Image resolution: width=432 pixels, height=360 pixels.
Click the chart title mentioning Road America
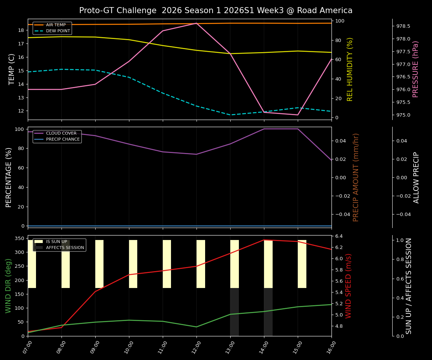point(216,10)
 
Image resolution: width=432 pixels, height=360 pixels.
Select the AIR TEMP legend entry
point(55,25)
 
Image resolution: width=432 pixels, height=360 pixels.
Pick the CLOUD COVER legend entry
point(61,133)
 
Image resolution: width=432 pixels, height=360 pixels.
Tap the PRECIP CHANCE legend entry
point(63,139)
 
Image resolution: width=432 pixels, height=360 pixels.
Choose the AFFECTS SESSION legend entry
point(65,247)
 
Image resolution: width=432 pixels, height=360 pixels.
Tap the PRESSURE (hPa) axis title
point(415,69)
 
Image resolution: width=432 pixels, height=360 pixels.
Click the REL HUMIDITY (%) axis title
point(350,69)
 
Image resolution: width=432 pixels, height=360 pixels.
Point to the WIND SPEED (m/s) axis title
point(349,286)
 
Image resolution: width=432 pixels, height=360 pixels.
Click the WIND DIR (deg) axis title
point(8,286)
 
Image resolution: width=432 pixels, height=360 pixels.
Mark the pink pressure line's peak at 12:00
point(196,23)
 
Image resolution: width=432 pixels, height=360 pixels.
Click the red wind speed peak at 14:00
point(264,240)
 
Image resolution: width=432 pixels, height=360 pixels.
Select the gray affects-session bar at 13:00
point(234,312)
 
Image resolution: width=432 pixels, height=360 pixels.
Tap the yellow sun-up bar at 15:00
point(302,264)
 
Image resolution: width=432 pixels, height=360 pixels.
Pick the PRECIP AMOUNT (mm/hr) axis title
point(356,177)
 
